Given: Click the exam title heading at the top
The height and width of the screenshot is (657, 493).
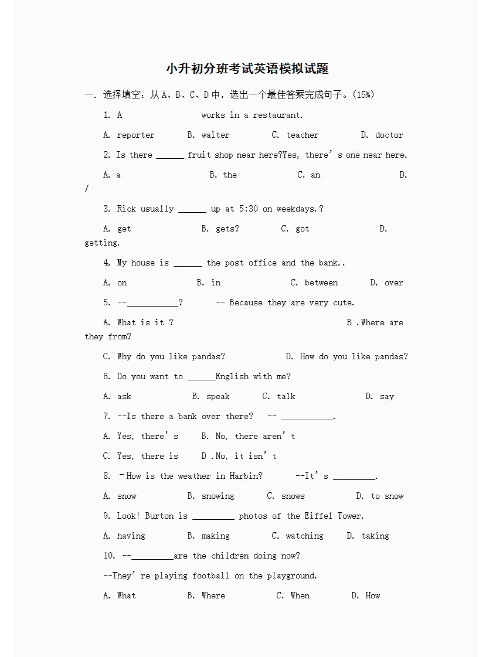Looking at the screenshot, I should pos(247,69).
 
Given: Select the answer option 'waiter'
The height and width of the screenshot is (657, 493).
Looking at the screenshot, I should pos(215,135).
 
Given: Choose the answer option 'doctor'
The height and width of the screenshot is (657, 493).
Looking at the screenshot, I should pos(389,135).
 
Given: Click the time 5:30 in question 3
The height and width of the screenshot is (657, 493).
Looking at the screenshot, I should pos(248,209).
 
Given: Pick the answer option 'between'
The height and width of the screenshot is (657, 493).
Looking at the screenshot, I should pos(321,282).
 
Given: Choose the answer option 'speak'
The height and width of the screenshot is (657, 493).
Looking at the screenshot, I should pos(217,396).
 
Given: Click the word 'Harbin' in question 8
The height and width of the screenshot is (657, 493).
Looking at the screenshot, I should pos(246,476).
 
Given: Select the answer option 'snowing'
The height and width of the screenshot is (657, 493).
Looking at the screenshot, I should pos(217,496).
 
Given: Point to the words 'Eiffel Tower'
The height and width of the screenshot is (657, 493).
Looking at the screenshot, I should pos(333,516).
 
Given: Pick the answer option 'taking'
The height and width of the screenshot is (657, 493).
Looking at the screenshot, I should pos(375,536).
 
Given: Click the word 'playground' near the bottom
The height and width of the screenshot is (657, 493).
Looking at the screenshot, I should pos(291,576).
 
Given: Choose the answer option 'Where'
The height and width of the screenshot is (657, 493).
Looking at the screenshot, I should pos(213,595).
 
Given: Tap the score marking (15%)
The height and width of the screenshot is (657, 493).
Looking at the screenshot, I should pos(364,94).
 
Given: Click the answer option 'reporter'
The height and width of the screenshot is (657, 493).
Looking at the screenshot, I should pos(135,135).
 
